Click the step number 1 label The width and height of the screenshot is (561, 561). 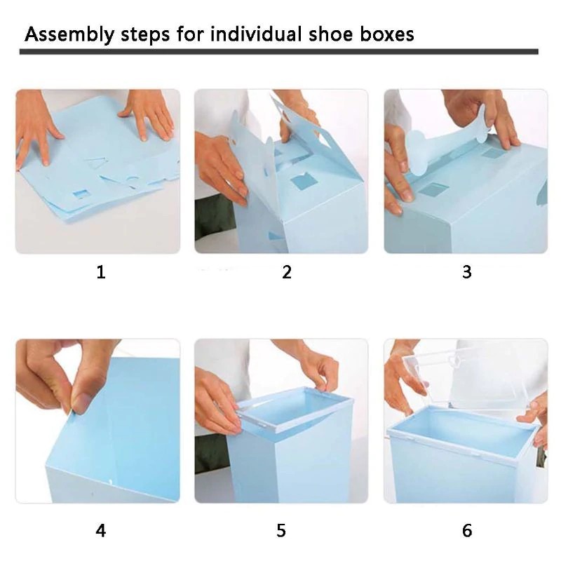click(100, 272)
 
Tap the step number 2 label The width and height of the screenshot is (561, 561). click(286, 272)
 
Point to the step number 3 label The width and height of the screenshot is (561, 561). click(467, 272)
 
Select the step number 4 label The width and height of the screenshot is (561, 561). click(100, 531)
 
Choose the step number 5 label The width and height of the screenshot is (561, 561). click(281, 531)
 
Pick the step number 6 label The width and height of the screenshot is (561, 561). click(467, 531)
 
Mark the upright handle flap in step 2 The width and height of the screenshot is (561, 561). click(302, 130)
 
